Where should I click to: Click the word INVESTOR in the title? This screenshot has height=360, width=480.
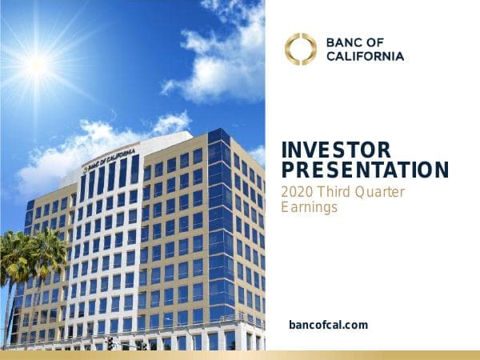pyautogui.click(x=337, y=150)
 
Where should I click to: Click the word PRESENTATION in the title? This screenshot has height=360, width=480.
pyautogui.click(x=366, y=170)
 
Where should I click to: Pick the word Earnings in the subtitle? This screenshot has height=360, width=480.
pyautogui.click(x=310, y=207)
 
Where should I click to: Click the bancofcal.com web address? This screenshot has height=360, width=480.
pyautogui.click(x=328, y=325)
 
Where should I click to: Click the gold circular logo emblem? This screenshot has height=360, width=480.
pyautogui.click(x=301, y=49)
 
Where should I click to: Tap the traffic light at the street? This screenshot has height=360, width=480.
pyautogui.click(x=110, y=343)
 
